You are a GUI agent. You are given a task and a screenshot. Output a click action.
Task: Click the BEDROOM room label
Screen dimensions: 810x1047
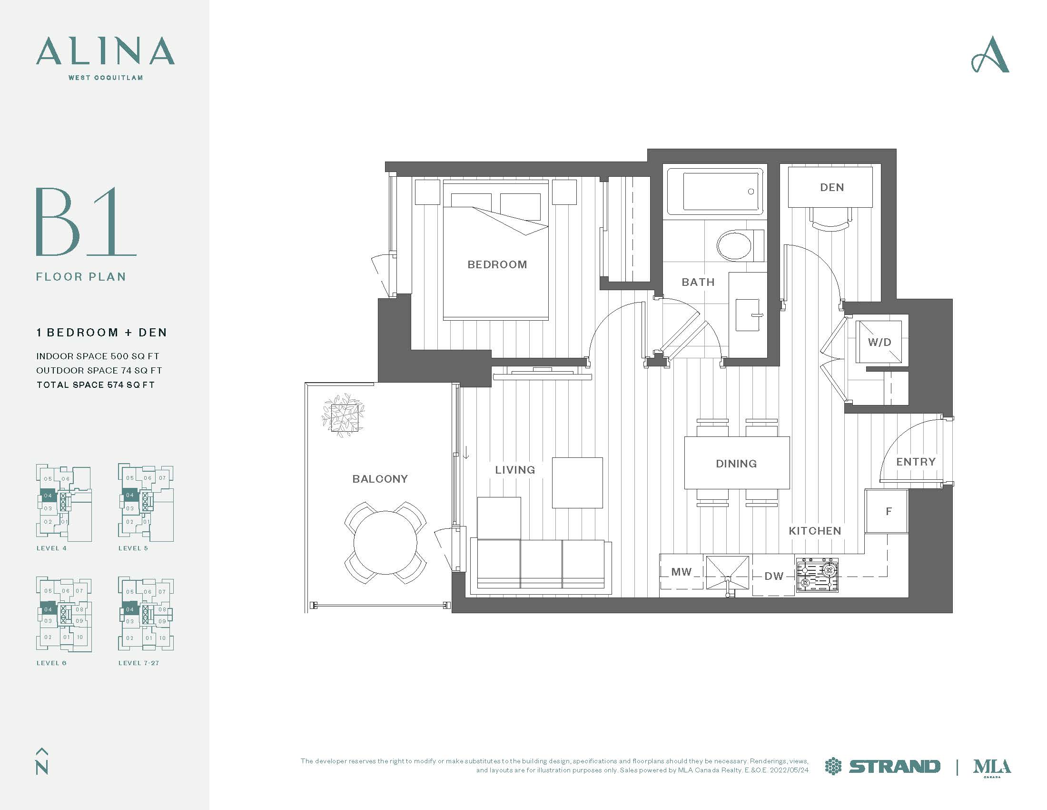(497, 264)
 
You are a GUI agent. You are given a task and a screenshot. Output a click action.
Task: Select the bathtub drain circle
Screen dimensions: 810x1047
(751, 192)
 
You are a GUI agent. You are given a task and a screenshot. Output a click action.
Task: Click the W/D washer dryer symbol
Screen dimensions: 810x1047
(879, 342)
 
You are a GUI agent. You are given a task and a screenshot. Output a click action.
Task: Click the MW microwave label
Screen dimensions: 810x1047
(681, 571)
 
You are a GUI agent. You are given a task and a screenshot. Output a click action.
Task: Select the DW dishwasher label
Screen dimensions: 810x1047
(774, 576)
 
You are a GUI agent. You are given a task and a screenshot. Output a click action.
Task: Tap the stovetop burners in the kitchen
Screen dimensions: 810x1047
(817, 575)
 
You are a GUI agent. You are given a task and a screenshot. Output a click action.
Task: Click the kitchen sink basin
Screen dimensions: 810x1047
(727, 572)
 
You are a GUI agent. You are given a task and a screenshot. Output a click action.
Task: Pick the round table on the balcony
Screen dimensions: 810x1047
(385, 543)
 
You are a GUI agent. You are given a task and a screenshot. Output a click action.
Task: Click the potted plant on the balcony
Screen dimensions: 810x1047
(343, 415)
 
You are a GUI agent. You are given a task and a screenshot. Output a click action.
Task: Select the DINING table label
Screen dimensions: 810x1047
(736, 464)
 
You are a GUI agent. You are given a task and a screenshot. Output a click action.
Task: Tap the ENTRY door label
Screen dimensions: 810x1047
(916, 462)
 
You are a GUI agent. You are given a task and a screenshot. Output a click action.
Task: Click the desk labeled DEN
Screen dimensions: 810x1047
(831, 187)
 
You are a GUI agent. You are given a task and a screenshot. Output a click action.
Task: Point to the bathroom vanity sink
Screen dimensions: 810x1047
(747, 315)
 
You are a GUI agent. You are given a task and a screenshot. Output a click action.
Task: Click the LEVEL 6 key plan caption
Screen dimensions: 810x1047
(51, 663)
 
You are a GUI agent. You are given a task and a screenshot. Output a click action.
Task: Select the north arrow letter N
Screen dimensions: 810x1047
(42, 767)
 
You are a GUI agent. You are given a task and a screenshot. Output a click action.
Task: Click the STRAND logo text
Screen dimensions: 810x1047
(894, 766)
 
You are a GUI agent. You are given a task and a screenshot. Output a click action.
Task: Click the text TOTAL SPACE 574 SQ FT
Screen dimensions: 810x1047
(95, 385)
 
